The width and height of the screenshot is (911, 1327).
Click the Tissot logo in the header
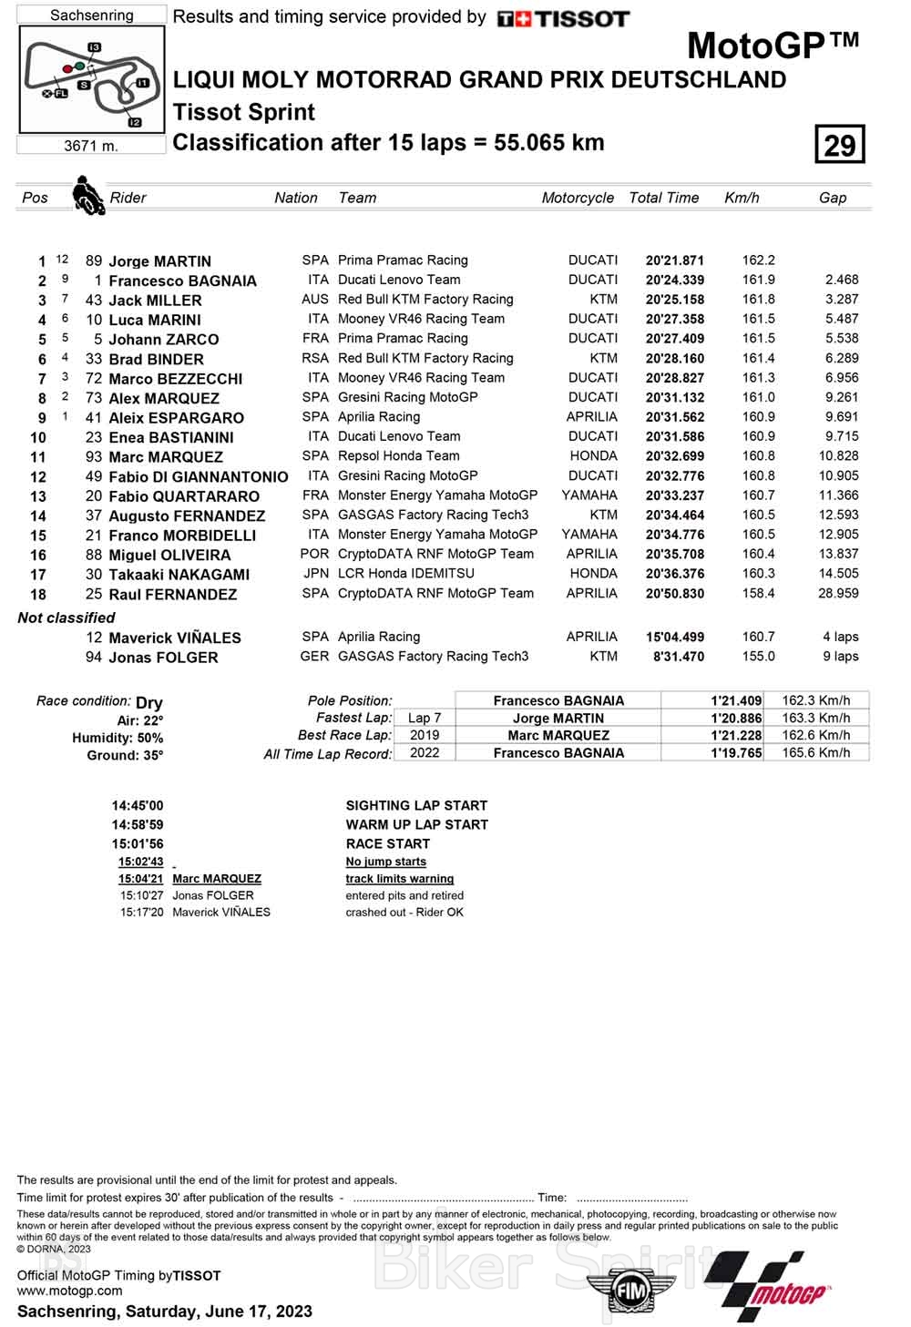[563, 19]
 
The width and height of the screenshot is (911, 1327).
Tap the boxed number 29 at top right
[839, 145]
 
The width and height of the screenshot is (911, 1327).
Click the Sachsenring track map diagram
[91, 79]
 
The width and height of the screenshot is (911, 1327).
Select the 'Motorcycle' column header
[578, 198]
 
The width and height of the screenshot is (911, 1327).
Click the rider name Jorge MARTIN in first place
[159, 261]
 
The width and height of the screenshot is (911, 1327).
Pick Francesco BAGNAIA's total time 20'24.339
[674, 281]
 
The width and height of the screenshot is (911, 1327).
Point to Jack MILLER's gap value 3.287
[841, 300]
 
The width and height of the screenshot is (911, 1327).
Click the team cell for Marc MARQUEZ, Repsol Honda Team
[398, 456]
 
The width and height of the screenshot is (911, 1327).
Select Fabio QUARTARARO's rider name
[184, 496]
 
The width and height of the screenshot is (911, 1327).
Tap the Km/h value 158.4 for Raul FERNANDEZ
[758, 594]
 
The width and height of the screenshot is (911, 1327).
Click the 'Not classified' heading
[67, 618]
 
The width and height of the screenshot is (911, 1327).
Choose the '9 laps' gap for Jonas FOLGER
[840, 657]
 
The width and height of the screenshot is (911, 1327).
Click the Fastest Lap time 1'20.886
[736, 719]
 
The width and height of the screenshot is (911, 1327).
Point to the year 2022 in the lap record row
[425, 753]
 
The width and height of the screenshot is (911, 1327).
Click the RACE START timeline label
[387, 844]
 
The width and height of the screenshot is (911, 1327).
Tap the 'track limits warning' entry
[399, 879]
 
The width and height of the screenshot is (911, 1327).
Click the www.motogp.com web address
[69, 1291]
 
